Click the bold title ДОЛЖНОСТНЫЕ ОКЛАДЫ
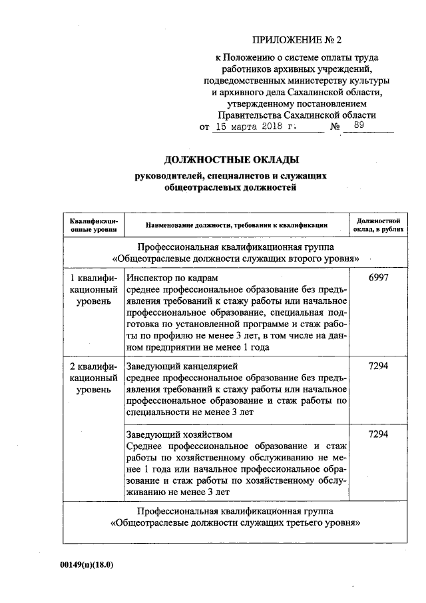231,160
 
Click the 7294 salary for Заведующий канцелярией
377,367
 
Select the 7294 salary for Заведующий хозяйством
377,434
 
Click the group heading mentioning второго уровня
236,257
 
